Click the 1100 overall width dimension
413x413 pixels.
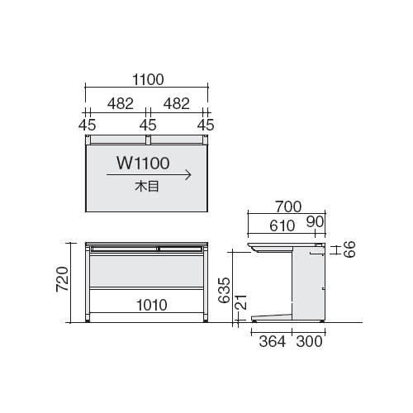tap(148, 80)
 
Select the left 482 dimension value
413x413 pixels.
tap(121, 104)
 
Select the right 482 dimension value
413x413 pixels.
tap(177, 104)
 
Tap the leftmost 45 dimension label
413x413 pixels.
tap(87, 125)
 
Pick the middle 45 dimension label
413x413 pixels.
tap(148, 125)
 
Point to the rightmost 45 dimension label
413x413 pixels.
tap(206, 125)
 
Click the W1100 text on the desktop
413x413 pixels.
tap(143, 163)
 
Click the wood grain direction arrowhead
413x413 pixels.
tap(189, 175)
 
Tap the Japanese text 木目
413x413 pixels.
tap(147, 187)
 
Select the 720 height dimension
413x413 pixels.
tap(62, 279)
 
